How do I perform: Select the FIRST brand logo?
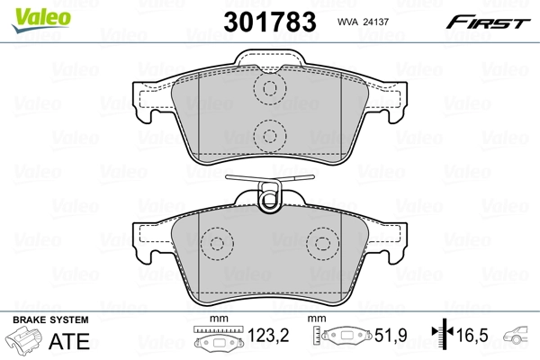494,21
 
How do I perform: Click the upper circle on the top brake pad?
267,88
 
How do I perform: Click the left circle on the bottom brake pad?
215,245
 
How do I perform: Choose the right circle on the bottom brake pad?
321,245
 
